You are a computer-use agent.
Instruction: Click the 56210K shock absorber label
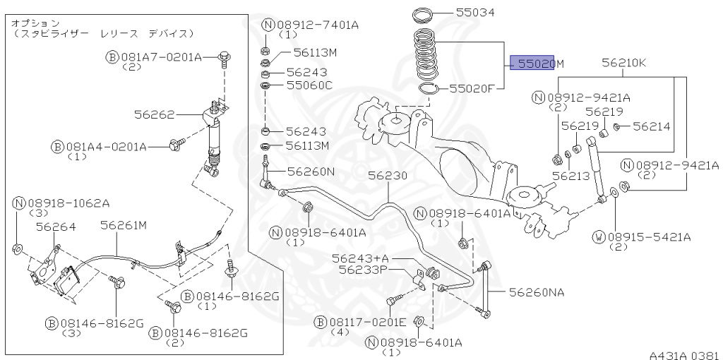(x=623, y=64)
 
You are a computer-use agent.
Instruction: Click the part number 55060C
(x=309, y=85)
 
